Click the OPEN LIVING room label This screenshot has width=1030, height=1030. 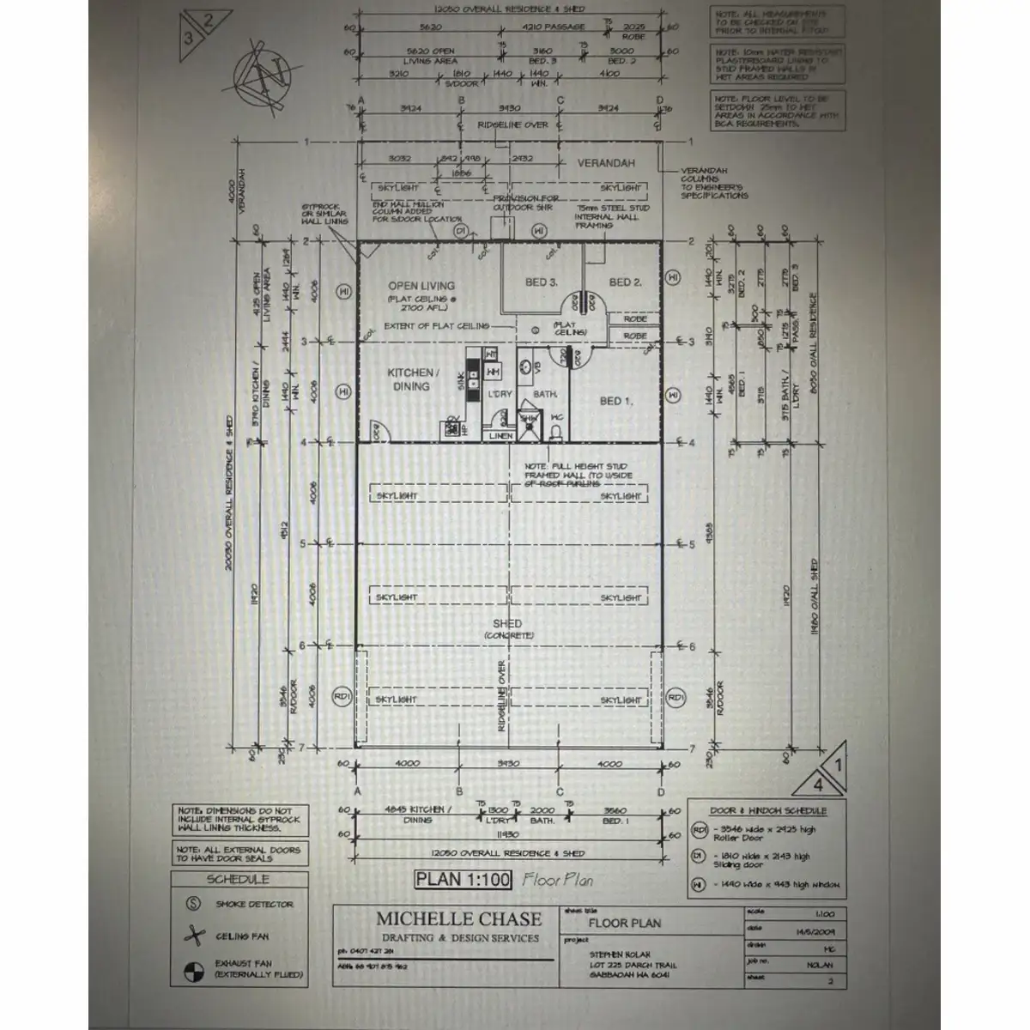click(x=421, y=286)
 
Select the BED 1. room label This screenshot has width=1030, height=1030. click(x=616, y=401)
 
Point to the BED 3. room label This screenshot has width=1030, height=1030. click(x=542, y=282)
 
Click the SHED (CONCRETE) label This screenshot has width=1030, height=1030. click(x=507, y=628)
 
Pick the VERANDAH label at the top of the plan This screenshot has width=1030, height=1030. click(x=606, y=163)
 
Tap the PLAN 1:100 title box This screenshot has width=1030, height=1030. click(x=463, y=879)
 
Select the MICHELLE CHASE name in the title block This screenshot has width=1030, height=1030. click(x=459, y=919)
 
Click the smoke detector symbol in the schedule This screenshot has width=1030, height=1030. click(x=194, y=904)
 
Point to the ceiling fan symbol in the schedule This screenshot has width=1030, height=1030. click(x=195, y=936)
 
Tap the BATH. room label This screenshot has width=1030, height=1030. click(x=545, y=394)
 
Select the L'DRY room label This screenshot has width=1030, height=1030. click(x=500, y=394)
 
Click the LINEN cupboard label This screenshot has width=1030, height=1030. click(x=500, y=436)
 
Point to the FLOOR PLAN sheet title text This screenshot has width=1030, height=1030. click(x=625, y=924)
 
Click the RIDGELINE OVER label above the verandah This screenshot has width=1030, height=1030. click(x=512, y=125)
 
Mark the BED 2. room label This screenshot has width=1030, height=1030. click(x=625, y=282)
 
